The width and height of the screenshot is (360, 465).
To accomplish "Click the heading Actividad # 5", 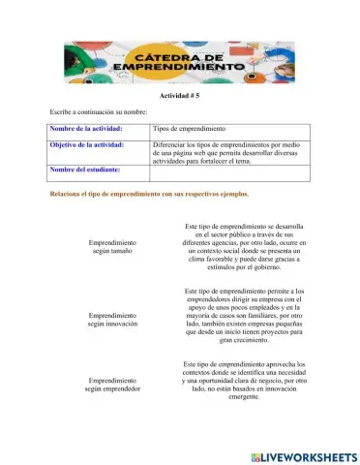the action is tap(179, 99).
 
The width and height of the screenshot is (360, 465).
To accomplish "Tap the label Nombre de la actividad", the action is tap(88, 130).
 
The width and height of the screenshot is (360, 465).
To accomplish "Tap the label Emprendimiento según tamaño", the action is tap(111, 246).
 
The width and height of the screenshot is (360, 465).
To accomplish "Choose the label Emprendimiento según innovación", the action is tap(111, 321).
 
